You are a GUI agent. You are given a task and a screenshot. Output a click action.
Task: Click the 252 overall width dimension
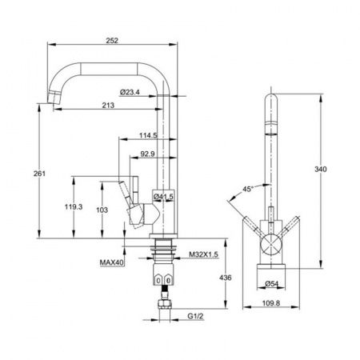click(112, 41)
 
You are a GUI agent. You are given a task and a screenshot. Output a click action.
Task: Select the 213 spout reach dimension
click(108, 106)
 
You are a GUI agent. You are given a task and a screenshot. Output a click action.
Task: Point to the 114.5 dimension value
click(148, 135)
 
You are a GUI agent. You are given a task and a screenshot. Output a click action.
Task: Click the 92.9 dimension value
click(147, 154)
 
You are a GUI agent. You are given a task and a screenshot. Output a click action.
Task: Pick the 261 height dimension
click(39, 174)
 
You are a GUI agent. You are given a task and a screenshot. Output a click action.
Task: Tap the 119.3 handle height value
click(74, 206)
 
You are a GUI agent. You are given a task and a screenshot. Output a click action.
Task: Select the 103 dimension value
click(102, 210)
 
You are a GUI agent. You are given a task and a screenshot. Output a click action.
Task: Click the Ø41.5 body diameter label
click(163, 197)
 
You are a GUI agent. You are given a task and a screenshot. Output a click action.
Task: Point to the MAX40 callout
click(112, 262)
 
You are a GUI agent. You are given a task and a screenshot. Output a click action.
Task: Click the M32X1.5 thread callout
click(203, 254)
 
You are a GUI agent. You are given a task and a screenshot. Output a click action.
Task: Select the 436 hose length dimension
click(226, 278)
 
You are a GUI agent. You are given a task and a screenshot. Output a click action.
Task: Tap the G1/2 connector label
click(195, 316)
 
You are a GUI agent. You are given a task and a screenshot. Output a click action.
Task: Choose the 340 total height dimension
click(320, 169)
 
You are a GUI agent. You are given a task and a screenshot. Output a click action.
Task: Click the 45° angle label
click(248, 189)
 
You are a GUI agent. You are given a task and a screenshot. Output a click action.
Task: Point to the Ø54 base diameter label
click(272, 284)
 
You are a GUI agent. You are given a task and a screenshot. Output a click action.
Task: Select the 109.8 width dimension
click(271, 303)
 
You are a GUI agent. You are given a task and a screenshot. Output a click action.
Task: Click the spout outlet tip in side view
click(53, 98)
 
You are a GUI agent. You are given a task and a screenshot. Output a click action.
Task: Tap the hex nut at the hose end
click(165, 304)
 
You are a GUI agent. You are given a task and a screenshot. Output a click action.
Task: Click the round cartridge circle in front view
click(271, 244)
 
